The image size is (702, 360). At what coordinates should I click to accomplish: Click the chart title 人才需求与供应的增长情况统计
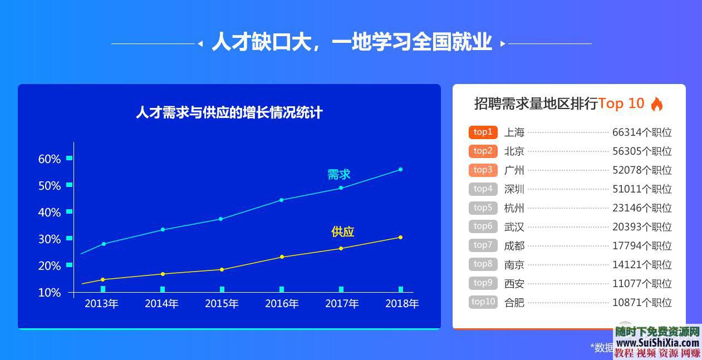[229, 112]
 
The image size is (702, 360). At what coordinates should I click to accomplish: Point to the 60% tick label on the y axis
[50, 159]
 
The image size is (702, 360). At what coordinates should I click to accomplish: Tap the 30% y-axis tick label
[50, 239]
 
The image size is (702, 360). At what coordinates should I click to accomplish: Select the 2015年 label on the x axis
[222, 304]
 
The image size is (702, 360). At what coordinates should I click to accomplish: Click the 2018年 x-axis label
[402, 304]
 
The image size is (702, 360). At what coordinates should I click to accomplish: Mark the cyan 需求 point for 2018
[400, 169]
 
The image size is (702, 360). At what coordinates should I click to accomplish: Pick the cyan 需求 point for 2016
[281, 200]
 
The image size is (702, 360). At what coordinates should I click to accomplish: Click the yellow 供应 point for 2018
[400, 238]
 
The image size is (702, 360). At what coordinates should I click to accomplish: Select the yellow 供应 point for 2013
[102, 279]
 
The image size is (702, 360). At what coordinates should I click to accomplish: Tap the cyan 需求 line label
[338, 174]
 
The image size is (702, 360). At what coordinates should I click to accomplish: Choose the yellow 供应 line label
[342, 231]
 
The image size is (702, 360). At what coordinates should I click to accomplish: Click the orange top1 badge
[483, 132]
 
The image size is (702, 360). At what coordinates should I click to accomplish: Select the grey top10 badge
[483, 302]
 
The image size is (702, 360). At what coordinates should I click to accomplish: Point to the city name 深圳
[514, 189]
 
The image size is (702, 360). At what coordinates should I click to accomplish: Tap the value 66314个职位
[642, 132]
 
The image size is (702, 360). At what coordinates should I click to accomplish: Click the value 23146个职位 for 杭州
[642, 208]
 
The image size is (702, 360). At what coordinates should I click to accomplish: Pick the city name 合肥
[514, 303]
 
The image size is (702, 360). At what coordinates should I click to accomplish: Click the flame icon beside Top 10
[657, 104]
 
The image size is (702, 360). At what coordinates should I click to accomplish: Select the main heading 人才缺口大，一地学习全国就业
[351, 43]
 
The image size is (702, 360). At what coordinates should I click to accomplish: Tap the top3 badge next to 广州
[483, 170]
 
